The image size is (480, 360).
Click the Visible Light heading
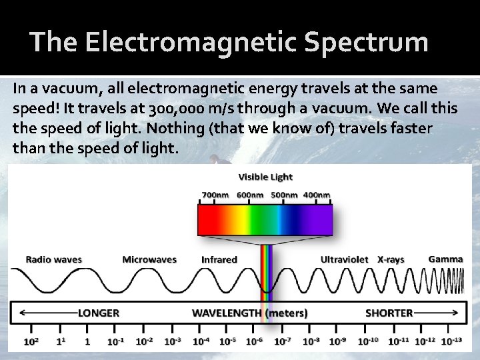(265, 177)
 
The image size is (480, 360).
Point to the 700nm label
(215, 195)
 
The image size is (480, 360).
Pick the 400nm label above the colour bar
(317, 195)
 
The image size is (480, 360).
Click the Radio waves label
(53, 259)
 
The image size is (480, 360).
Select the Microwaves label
(149, 259)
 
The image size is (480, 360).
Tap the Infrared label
(219, 259)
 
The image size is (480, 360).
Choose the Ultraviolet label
(344, 259)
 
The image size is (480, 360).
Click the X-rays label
(391, 259)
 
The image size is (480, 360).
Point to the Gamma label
(446, 259)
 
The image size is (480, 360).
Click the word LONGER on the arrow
(99, 313)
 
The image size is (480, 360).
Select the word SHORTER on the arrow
(389, 313)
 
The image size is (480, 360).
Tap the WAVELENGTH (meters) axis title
(250, 313)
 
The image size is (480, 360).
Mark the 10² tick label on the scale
(31, 341)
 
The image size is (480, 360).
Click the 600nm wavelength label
(250, 195)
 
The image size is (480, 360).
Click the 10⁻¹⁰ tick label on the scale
(368, 341)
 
